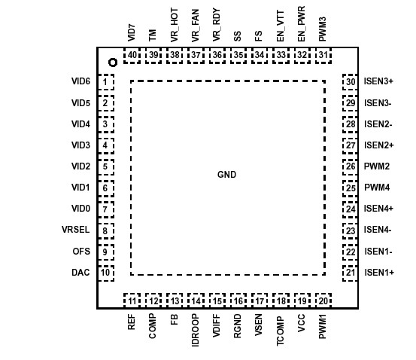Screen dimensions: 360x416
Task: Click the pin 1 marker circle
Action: pyautogui.click(x=111, y=63)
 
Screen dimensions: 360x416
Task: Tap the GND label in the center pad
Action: pyautogui.click(x=226, y=175)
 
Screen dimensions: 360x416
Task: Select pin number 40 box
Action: pyautogui.click(x=132, y=55)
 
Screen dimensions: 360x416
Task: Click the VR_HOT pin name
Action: pyautogui.click(x=175, y=26)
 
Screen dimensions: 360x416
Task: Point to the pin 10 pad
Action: pyautogui.click(x=106, y=272)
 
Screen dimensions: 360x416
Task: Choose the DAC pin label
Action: pyautogui.click(x=81, y=272)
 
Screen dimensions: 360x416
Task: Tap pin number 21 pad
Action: pyautogui.click(x=351, y=272)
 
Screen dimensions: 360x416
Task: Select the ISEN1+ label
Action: pyautogui.click(x=379, y=272)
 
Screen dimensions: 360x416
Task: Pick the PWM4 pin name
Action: pyautogui.click(x=376, y=188)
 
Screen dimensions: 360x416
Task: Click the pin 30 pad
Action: pyautogui.click(x=351, y=82)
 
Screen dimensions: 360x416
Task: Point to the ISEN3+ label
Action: pyautogui.click(x=379, y=82)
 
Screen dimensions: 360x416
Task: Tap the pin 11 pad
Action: pyautogui.click(x=132, y=301)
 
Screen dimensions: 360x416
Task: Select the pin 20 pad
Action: pyautogui.click(x=323, y=301)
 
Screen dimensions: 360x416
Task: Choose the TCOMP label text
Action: pyautogui.click(x=281, y=330)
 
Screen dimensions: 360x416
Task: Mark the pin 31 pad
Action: pyautogui.click(x=323, y=55)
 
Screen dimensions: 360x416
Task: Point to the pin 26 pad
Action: pyautogui.click(x=351, y=166)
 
